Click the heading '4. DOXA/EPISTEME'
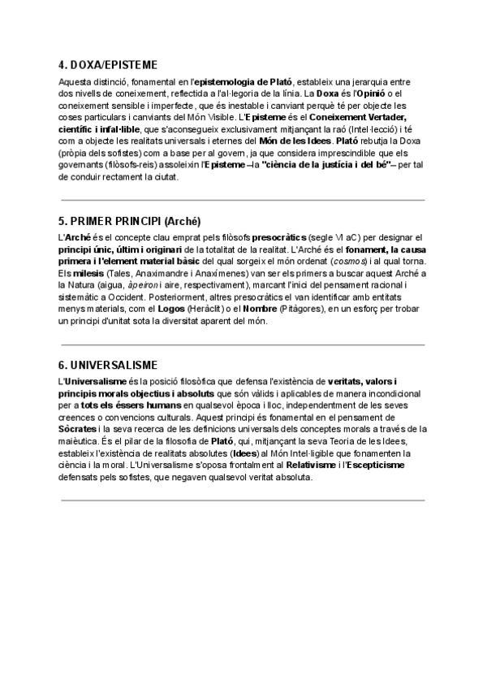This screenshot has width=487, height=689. pyautogui.click(x=108, y=65)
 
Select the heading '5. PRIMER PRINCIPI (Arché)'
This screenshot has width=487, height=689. pyautogui.click(x=130, y=221)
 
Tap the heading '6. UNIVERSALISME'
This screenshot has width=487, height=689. pyautogui.click(x=108, y=366)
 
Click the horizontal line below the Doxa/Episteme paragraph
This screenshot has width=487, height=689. pyautogui.click(x=243, y=199)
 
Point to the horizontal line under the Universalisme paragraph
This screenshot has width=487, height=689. pyautogui.click(x=243, y=499)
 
